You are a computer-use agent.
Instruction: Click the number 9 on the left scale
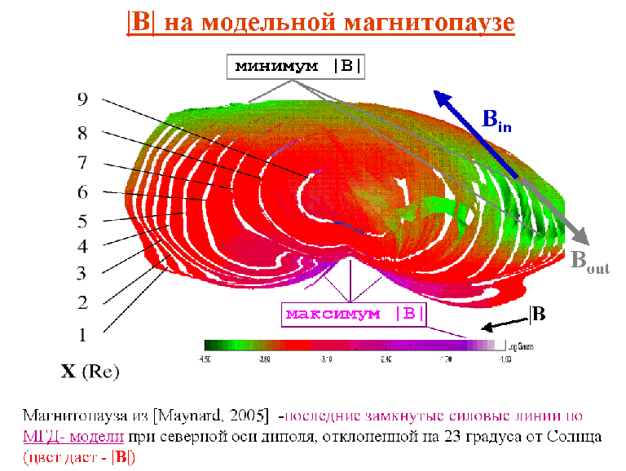[82, 99]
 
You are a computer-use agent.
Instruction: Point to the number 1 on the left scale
[82, 333]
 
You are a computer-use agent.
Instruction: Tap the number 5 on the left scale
[82, 221]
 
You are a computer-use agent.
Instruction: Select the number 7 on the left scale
[82, 162]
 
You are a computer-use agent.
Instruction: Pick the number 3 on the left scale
[82, 273]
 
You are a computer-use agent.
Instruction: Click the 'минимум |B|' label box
[295, 67]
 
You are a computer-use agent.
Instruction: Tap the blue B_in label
[497, 121]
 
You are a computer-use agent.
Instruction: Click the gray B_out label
[589, 262]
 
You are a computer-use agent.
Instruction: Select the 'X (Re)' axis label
[90, 372]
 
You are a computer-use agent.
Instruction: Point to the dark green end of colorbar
[209, 346]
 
